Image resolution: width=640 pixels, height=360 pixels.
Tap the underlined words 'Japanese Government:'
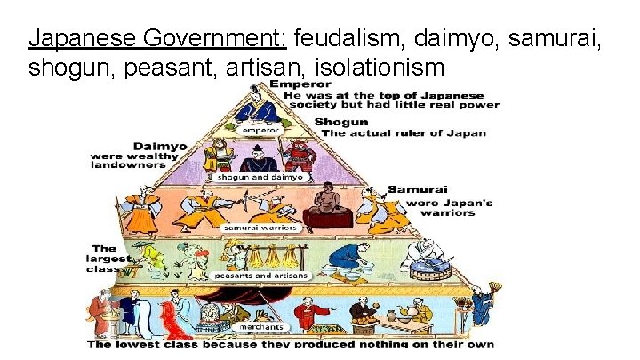(x=157, y=39)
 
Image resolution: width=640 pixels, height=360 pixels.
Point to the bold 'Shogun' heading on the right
(x=341, y=122)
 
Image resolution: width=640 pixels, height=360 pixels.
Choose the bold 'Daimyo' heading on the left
(x=160, y=146)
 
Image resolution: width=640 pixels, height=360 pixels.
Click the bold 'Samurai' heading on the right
(x=417, y=189)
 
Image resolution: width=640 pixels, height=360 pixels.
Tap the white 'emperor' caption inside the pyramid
(x=260, y=130)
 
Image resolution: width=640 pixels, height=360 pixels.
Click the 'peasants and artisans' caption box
(x=260, y=276)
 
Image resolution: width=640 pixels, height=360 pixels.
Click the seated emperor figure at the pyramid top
(x=259, y=107)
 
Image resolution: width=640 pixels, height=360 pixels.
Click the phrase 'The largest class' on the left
(x=106, y=259)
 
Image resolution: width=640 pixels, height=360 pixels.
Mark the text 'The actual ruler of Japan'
(x=404, y=132)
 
